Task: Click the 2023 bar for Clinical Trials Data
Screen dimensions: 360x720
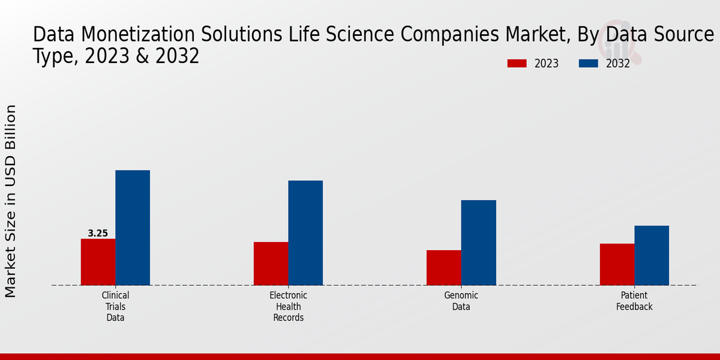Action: click(98, 262)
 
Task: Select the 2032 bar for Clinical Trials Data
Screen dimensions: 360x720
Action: click(133, 227)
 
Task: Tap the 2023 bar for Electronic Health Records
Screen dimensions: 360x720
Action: click(271, 263)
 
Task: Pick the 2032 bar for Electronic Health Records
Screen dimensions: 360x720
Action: click(305, 233)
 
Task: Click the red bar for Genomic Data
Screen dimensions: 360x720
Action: click(444, 268)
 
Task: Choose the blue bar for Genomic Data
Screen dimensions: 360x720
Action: click(479, 242)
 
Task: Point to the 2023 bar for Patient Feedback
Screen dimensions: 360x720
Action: click(617, 264)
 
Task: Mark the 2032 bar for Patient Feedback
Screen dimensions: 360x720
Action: click(652, 255)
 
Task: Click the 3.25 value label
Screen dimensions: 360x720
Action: click(98, 233)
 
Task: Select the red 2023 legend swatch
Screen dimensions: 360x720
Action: click(517, 64)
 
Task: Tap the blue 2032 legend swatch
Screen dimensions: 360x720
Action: click(589, 64)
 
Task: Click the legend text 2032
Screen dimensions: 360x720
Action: click(618, 64)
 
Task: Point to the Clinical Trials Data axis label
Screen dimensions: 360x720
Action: click(115, 307)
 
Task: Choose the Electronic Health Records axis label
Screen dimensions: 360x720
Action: click(288, 307)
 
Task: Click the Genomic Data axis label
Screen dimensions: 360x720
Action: click(461, 301)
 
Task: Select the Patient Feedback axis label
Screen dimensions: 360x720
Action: click(634, 301)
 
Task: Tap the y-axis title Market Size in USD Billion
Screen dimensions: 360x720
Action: click(11, 201)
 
